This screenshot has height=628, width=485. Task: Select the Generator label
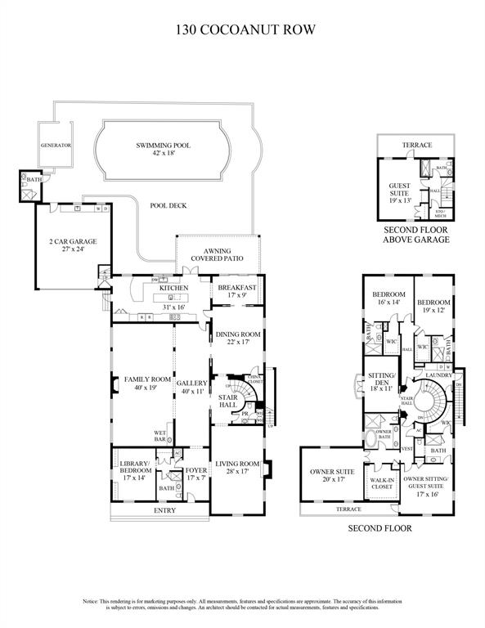56,145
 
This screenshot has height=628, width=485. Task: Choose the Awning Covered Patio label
218,255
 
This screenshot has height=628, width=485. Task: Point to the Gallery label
192,387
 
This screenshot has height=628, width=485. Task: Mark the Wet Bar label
160,437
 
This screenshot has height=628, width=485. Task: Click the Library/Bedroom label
135,470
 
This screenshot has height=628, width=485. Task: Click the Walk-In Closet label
383,482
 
